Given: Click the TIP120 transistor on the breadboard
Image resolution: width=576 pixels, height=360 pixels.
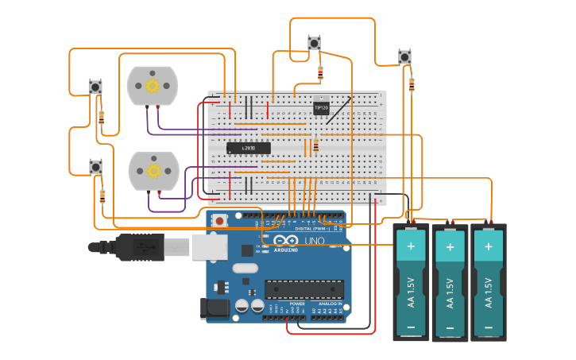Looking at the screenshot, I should click(x=321, y=106).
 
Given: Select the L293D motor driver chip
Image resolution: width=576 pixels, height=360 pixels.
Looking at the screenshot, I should click(x=249, y=148).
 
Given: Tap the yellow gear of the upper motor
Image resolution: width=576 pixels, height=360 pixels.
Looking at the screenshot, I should click(x=152, y=86).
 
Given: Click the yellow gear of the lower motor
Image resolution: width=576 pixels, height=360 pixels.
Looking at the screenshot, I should click(x=153, y=170).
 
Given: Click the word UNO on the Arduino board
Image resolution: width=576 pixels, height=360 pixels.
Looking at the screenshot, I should click(x=315, y=241).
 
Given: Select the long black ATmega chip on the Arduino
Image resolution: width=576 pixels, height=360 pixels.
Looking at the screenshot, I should click(x=304, y=290).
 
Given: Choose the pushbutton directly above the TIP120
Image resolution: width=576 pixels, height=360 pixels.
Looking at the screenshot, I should click(x=314, y=43).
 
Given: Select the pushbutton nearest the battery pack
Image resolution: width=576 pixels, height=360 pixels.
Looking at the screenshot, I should click(x=404, y=57).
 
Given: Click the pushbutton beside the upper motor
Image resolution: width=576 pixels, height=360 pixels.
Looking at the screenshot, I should click(x=95, y=87).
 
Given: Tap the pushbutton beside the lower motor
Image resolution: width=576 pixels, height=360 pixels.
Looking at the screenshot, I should click(x=95, y=167).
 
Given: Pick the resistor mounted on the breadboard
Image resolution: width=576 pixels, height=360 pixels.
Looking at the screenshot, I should click(x=315, y=145).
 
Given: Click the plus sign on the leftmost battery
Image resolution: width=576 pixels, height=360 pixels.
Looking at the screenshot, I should click(x=411, y=246).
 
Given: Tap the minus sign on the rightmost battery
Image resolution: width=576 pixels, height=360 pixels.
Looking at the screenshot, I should click(x=488, y=327).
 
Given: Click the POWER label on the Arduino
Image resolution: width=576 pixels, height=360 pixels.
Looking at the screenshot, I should click(x=297, y=304).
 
